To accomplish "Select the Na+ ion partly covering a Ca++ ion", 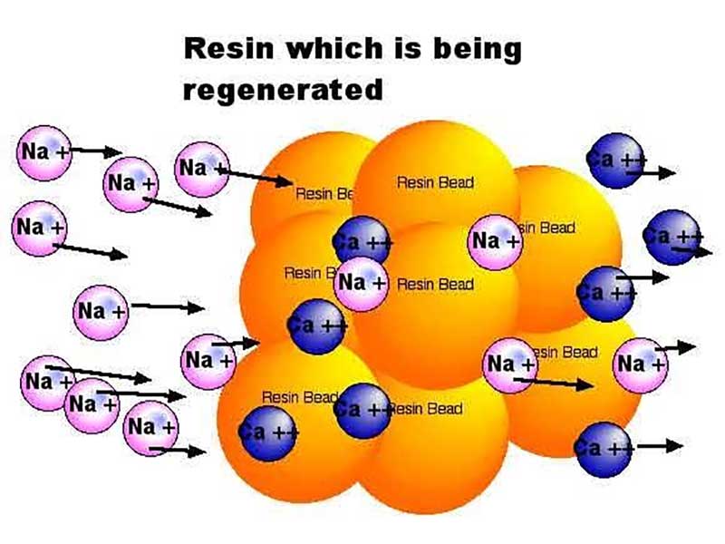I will click(362, 283).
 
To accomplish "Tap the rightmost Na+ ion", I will click(641, 364).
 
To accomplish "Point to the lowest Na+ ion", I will click(151, 426).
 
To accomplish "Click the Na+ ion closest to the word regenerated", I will click(202, 169).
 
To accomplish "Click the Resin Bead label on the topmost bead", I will click(435, 182).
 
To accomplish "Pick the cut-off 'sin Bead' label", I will click(546, 228).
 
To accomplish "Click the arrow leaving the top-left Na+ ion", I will click(96, 151).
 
